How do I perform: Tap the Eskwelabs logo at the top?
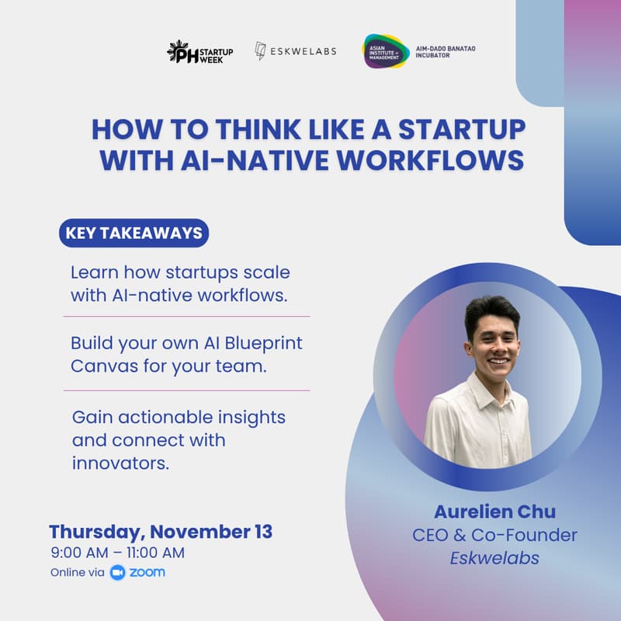click(297, 52)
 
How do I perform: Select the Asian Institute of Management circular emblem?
click(385, 51)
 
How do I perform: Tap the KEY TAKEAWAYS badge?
click(134, 233)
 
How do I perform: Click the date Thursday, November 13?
click(161, 532)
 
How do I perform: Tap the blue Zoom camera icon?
click(118, 573)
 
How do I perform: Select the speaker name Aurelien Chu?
click(494, 512)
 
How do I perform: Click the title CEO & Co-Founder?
click(494, 535)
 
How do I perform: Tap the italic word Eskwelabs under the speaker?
click(494, 557)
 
